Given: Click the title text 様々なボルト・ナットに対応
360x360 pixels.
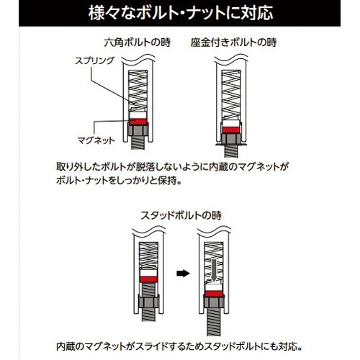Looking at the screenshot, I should [180, 14].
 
